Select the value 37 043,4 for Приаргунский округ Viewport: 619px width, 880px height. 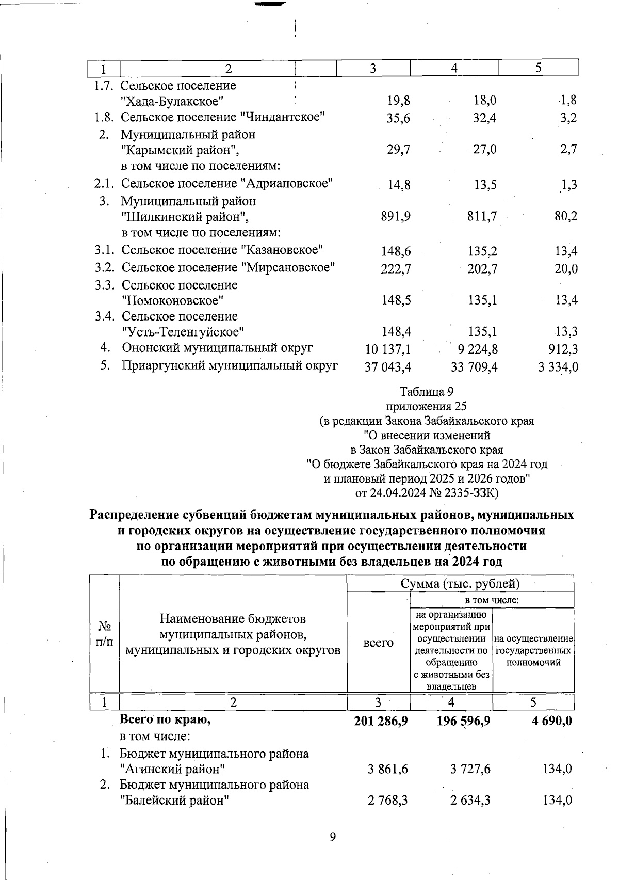[x=388, y=367]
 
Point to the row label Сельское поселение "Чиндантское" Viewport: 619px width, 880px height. [x=223, y=117]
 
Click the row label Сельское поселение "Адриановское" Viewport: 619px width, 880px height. [x=226, y=183]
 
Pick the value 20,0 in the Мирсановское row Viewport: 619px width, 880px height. [x=566, y=268]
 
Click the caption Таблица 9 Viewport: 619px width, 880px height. [x=427, y=392]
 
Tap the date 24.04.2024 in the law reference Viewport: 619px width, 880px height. [x=399, y=492]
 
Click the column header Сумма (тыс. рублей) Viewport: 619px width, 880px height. [x=460, y=584]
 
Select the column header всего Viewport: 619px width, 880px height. [x=378, y=643]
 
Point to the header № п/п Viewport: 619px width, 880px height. [x=105, y=634]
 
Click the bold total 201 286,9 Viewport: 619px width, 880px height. [x=381, y=721]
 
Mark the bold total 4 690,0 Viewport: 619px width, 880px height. [x=552, y=721]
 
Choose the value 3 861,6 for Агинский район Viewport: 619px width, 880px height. [x=388, y=770]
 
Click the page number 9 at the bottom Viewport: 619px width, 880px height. [x=333, y=837]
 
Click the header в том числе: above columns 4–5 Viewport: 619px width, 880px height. [x=492, y=600]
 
